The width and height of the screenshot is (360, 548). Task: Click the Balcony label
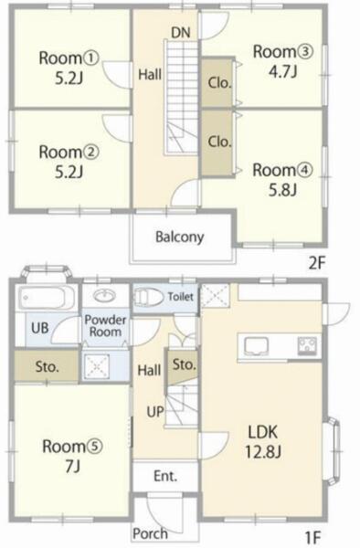click(x=180, y=237)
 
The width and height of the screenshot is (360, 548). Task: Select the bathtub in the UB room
click(x=47, y=298)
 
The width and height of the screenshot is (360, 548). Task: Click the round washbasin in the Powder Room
click(x=104, y=296)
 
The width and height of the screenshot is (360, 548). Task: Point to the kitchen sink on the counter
click(x=256, y=346)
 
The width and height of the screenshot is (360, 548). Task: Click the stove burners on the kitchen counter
click(x=307, y=345)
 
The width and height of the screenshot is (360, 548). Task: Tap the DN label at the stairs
click(x=181, y=33)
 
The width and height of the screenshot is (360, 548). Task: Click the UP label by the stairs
click(x=155, y=412)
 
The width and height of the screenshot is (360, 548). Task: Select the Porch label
click(x=150, y=533)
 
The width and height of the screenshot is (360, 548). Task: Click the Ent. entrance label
click(x=165, y=476)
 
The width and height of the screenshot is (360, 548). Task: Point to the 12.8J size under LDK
click(x=263, y=452)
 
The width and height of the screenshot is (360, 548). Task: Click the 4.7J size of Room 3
click(x=282, y=71)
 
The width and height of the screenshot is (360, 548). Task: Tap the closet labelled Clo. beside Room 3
click(x=218, y=82)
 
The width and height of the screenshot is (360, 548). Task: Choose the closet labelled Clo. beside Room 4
click(x=218, y=142)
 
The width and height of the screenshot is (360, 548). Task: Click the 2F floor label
click(x=317, y=263)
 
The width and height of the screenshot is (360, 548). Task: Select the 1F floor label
click(x=312, y=537)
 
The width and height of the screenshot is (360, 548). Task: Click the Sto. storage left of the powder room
click(x=47, y=366)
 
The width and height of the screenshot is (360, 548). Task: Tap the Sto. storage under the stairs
click(x=183, y=365)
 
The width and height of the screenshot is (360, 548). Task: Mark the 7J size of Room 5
click(x=72, y=466)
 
